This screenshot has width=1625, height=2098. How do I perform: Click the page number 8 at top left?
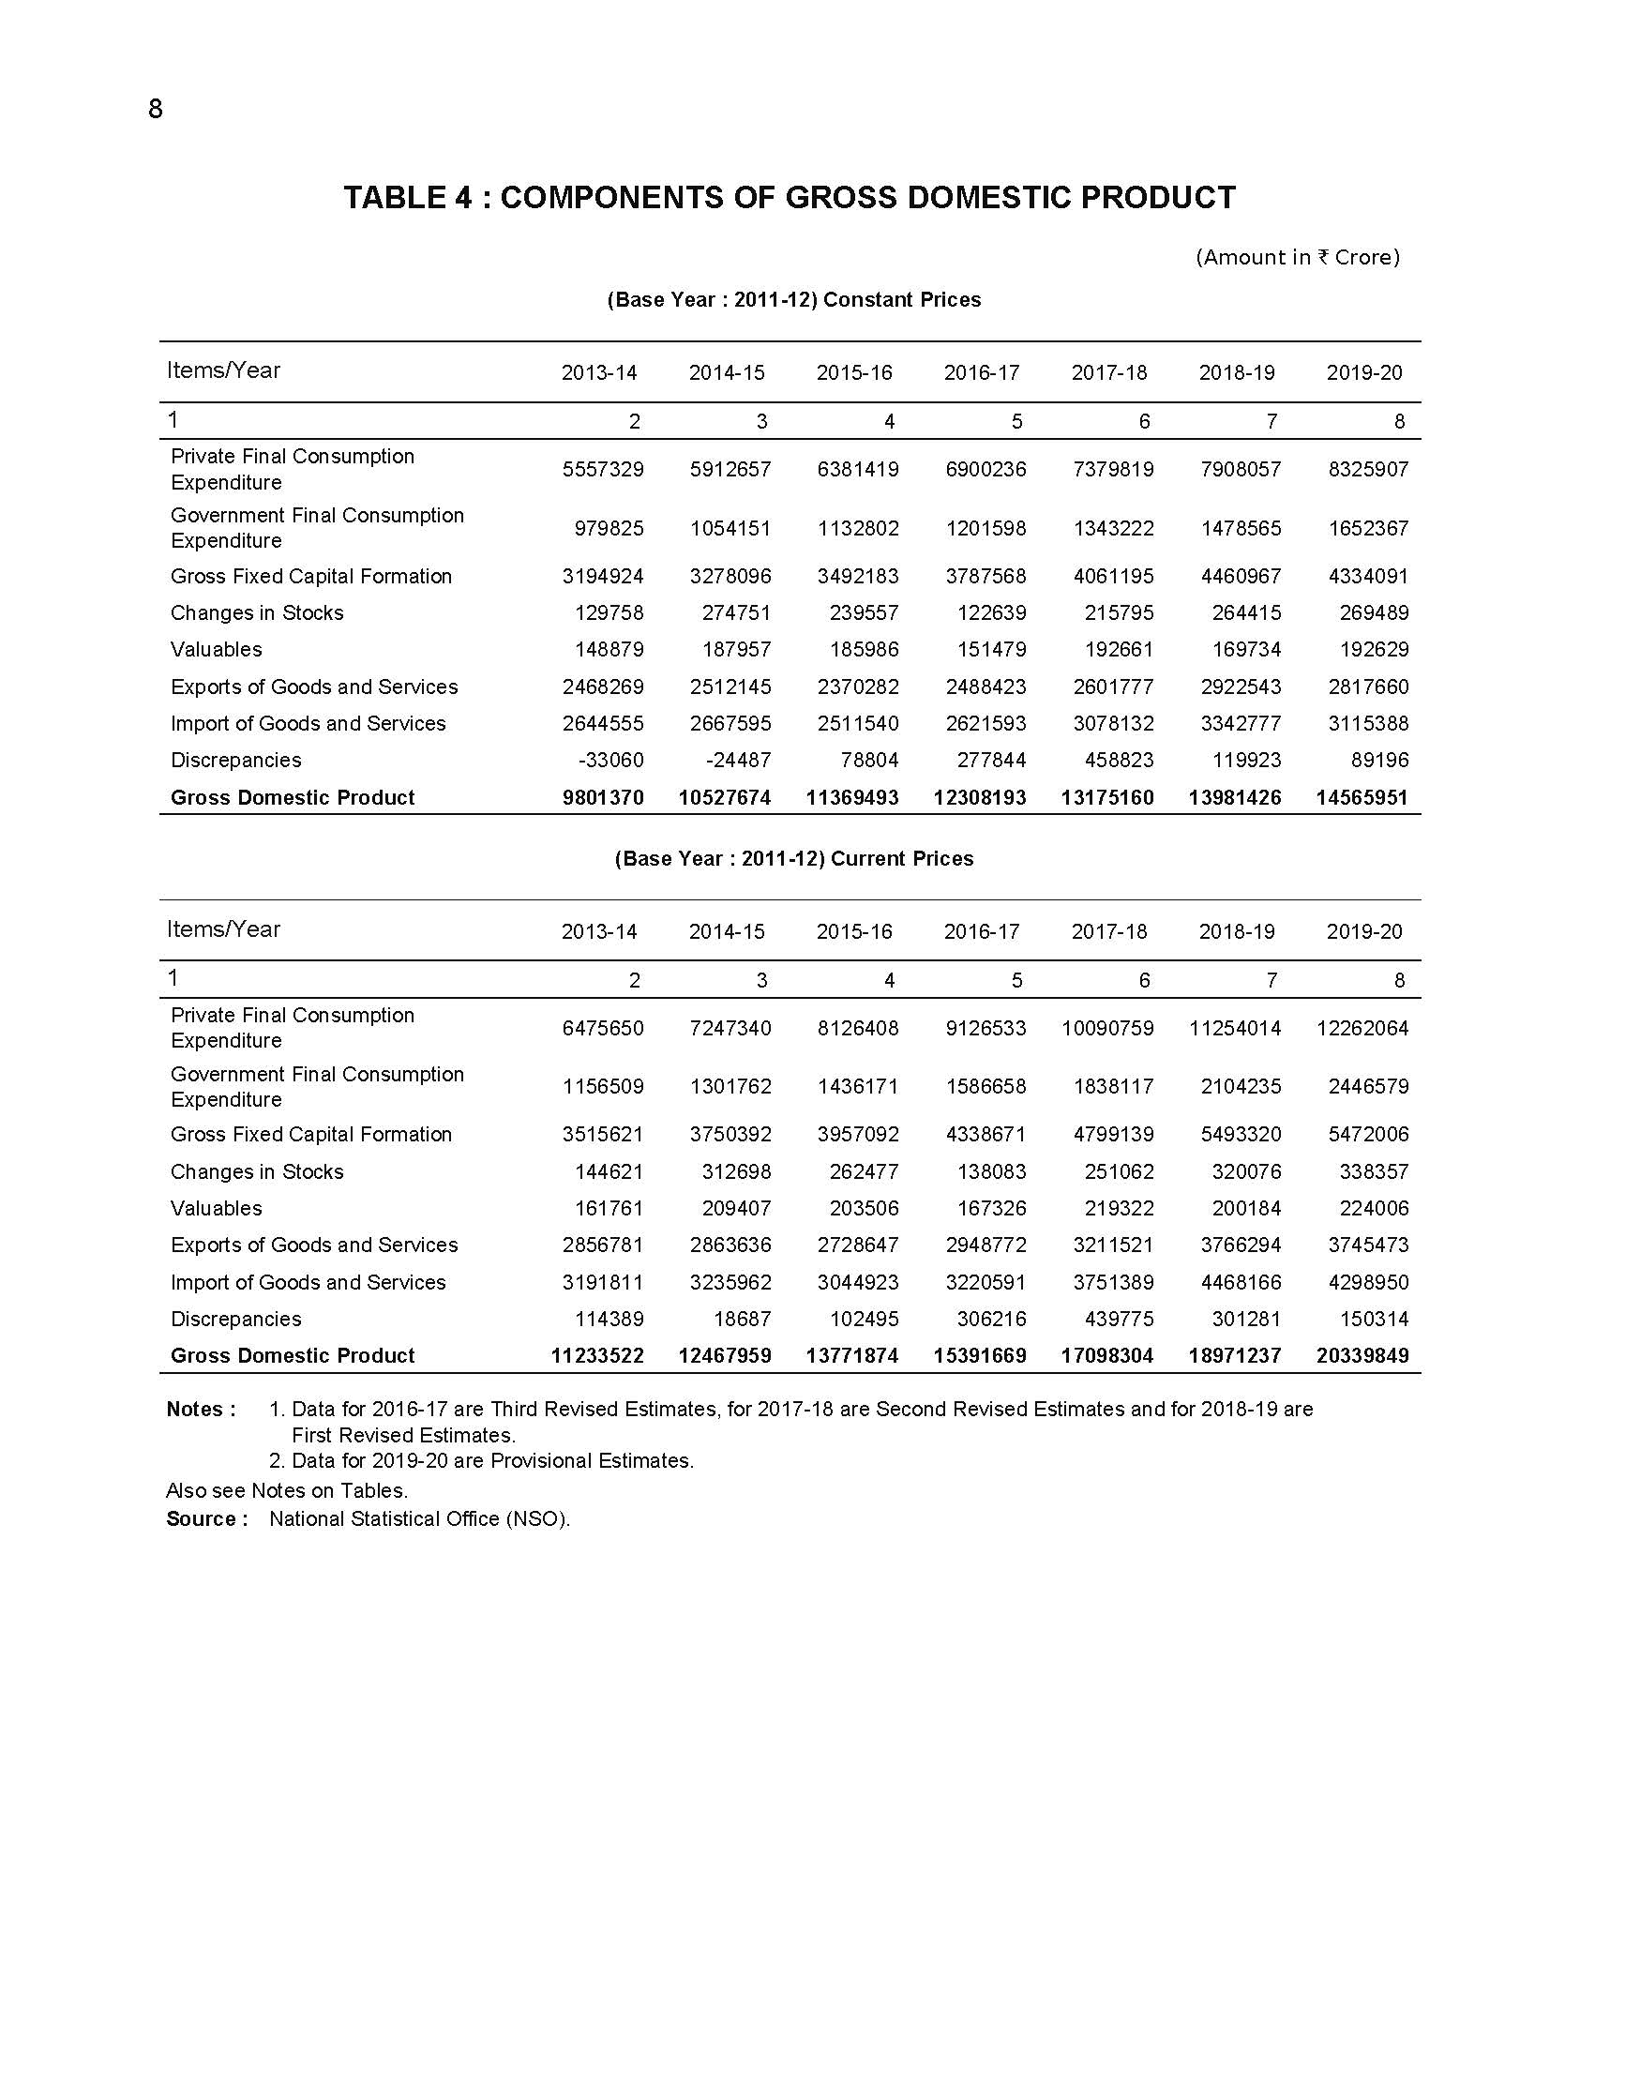[x=156, y=110]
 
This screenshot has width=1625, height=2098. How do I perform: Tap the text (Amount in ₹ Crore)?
[x=1297, y=258]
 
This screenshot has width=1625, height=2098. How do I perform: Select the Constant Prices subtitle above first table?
[x=793, y=300]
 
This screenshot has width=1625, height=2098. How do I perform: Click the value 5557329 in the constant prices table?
[x=602, y=470]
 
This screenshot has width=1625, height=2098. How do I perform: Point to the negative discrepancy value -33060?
[x=609, y=761]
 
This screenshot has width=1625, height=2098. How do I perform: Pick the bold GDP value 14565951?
[x=1361, y=798]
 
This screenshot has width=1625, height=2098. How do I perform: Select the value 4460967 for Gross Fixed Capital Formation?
[x=1240, y=578]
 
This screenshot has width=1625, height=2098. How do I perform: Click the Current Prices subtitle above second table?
[x=793, y=859]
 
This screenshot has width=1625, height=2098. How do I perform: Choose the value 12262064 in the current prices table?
[x=1361, y=1029]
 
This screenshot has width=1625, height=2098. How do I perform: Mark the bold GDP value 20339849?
[x=1361, y=1356]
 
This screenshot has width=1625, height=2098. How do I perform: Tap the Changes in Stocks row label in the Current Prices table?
[x=256, y=1172]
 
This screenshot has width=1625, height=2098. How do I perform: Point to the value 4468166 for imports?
[x=1240, y=1283]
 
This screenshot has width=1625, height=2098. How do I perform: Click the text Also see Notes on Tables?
[x=286, y=1491]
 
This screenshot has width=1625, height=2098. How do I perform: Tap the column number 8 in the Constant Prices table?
[x=1398, y=422]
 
